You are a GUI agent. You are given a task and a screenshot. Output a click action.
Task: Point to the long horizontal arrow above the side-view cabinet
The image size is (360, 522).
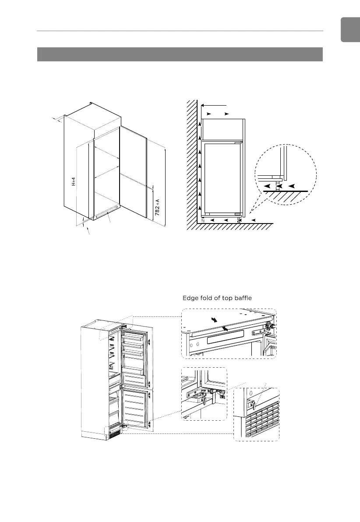[x=214, y=105]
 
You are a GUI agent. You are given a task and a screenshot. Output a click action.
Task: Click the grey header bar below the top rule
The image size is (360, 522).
[x=180, y=54]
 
